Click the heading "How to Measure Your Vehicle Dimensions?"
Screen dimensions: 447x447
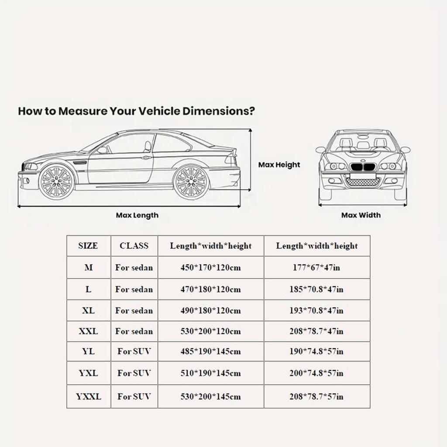point(136,110)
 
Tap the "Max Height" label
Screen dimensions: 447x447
point(279,165)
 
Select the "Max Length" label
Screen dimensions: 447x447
point(137,215)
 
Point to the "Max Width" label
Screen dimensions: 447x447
point(361,215)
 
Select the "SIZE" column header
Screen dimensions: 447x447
point(88,246)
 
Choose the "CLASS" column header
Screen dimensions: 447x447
point(134,246)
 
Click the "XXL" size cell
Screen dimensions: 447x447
point(88,331)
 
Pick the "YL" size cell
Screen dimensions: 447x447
point(88,351)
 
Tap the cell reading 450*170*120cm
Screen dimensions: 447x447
point(210,268)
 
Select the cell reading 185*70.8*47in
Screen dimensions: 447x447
point(316,289)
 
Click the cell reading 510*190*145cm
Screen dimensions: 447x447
point(210,373)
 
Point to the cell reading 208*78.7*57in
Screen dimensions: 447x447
point(316,397)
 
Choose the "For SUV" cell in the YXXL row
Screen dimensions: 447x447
point(134,397)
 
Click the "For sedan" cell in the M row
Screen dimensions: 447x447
point(134,268)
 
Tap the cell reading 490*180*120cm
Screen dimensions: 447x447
point(210,311)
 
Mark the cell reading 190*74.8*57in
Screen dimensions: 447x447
point(316,351)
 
